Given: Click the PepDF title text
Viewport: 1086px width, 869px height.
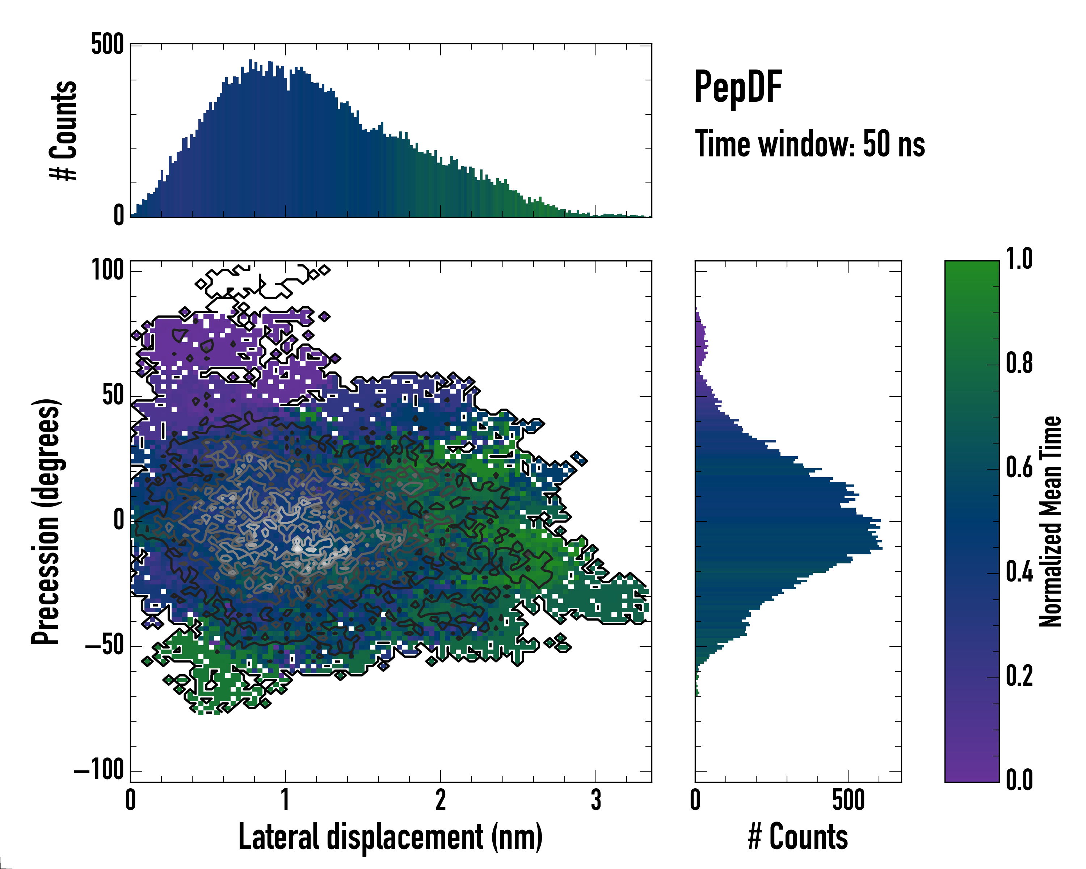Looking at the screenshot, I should coord(738,88).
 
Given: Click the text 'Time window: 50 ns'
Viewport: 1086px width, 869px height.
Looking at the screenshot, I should coord(809,144).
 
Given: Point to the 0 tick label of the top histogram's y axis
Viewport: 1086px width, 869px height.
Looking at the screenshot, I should coord(118,215).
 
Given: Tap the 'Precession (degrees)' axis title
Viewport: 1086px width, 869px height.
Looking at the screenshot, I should coord(46,521).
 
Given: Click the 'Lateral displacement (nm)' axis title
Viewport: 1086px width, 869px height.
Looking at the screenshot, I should coord(390,837).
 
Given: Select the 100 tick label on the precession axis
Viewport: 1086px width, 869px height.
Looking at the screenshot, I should coord(107,270).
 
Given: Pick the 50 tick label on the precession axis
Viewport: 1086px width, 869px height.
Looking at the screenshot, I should coord(113,395).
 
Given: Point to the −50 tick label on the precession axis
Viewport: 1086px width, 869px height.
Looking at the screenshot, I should coord(104,645).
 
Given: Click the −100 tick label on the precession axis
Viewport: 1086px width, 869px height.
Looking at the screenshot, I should coord(99,770).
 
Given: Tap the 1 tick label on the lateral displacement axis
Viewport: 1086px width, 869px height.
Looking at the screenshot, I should coord(285,800).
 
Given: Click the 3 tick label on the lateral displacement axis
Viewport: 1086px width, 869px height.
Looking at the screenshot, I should coord(596,800).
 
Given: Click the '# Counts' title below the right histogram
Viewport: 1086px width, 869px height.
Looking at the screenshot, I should coord(798,837).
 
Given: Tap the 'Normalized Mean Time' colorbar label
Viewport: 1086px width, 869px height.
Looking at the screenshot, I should coord(1051,521).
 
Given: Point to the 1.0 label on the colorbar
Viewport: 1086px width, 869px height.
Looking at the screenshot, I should coord(1019,259).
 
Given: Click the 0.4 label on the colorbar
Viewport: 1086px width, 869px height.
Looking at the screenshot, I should coord(1019,573).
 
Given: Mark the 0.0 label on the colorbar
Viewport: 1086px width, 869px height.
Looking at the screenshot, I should coord(1019,780).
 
